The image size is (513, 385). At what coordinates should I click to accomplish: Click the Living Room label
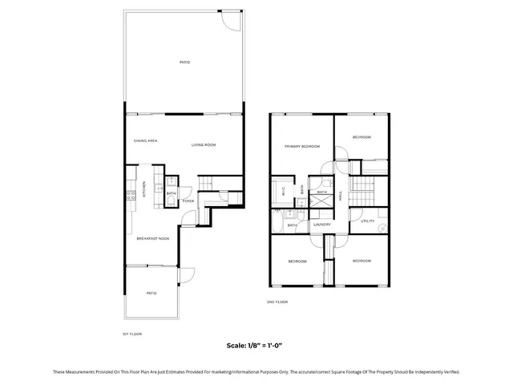pyautogui.click(x=204, y=144)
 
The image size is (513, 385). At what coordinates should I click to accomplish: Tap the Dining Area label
pyautogui.click(x=145, y=140)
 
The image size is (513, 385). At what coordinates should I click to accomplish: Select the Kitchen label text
pyautogui.click(x=144, y=190)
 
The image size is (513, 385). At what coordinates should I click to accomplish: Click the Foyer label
pyautogui.click(x=188, y=201)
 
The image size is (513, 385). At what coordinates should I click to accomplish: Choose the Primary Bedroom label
pyautogui.click(x=302, y=146)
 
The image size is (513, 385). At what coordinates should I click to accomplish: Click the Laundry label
pyautogui.click(x=322, y=225)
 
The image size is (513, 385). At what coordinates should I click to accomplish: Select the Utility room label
pyautogui.click(x=367, y=221)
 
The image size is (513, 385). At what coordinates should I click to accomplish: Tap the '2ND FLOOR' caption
pyautogui.click(x=277, y=302)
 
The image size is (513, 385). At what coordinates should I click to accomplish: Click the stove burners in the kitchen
pyautogui.click(x=128, y=193)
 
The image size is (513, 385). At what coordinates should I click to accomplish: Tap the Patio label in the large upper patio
pyautogui.click(x=184, y=62)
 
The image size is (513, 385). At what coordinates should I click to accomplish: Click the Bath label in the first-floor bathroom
pyautogui.click(x=171, y=193)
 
